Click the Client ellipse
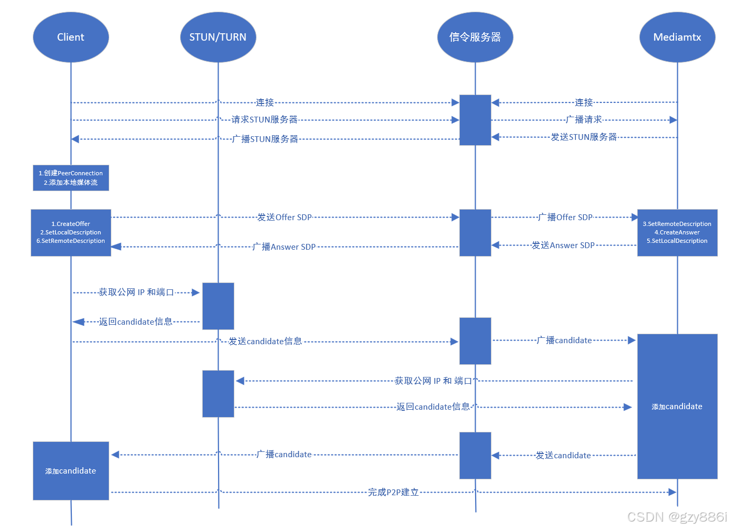click(x=71, y=37)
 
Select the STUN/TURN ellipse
click(x=218, y=37)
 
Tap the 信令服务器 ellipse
click(x=475, y=37)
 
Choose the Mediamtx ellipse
click(x=677, y=37)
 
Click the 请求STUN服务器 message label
click(x=264, y=120)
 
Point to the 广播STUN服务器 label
click(x=265, y=139)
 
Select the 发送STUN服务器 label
click(x=584, y=137)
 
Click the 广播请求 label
click(x=584, y=119)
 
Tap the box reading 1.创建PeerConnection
click(x=71, y=178)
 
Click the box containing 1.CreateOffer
click(x=71, y=233)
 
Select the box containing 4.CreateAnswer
click(x=677, y=233)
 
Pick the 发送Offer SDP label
click(x=285, y=218)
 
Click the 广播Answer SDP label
click(x=284, y=247)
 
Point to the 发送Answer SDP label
click(x=563, y=245)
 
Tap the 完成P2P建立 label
click(x=393, y=492)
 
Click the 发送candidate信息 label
click(x=265, y=342)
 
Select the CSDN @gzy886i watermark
click(x=677, y=517)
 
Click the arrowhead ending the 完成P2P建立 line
click(x=673, y=492)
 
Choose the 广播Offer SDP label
click(x=565, y=218)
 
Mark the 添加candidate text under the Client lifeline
click(x=71, y=471)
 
